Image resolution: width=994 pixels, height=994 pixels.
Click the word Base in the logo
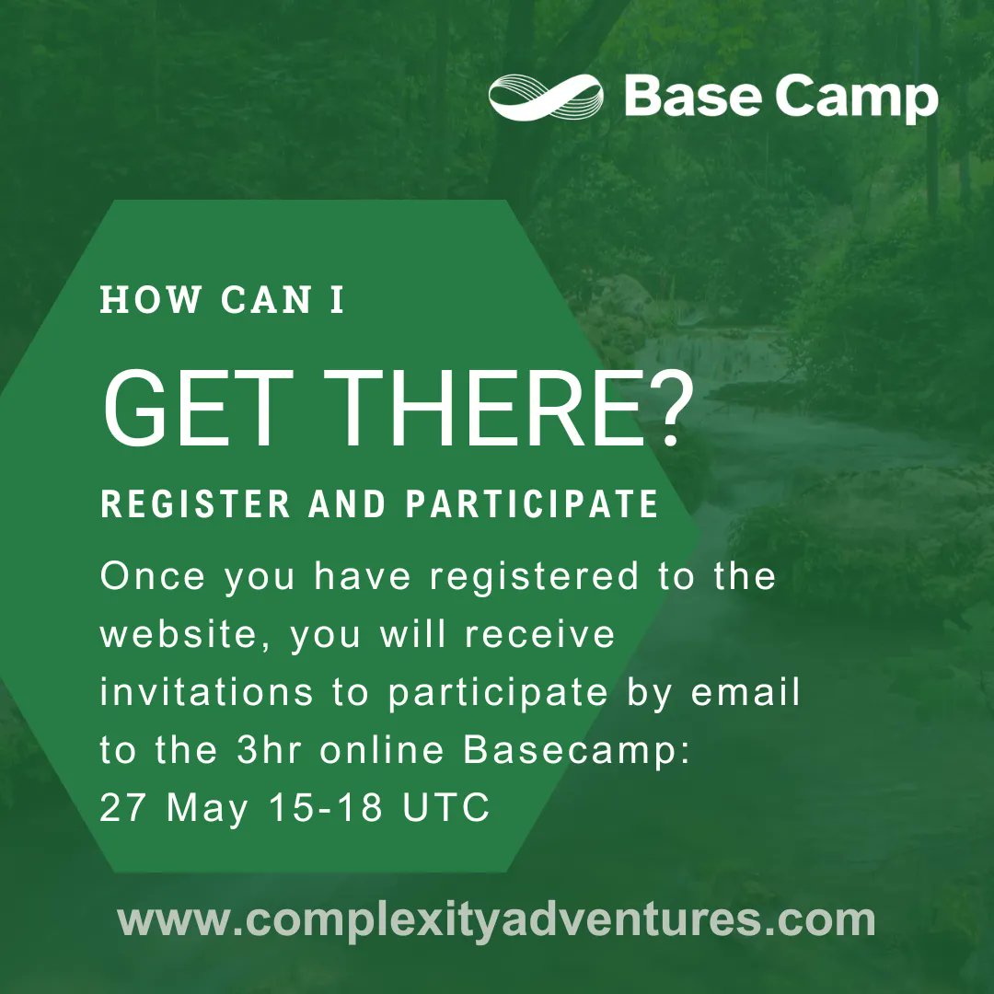click(691, 98)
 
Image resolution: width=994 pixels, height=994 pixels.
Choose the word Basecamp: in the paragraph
click(576, 750)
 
